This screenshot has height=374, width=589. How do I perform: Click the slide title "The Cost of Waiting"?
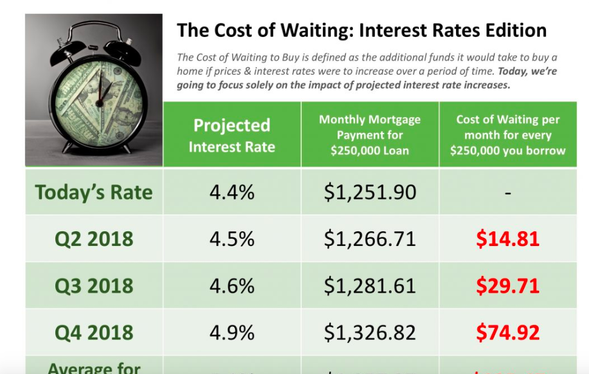pos(361,30)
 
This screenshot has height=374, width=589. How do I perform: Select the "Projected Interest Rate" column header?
pos(231,135)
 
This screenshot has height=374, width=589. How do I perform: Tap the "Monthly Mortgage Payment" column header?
pos(370,135)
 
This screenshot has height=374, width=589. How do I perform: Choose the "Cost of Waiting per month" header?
pos(508,135)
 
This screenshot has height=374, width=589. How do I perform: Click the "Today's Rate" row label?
pos(94,192)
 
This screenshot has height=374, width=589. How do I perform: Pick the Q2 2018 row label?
pos(94,239)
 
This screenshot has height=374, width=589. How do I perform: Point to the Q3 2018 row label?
pos(94,285)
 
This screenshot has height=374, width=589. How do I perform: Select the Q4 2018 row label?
pos(94,332)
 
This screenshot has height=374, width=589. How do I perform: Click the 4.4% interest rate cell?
pos(231,192)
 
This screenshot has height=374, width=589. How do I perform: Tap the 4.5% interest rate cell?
pos(231,239)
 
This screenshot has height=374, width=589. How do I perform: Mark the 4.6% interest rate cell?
pos(231,285)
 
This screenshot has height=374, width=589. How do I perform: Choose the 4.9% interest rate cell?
pos(231,332)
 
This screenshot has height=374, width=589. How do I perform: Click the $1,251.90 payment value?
pos(370,192)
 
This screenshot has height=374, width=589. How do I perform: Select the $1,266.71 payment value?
pos(370,239)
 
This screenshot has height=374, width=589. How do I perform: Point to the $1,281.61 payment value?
pos(370,285)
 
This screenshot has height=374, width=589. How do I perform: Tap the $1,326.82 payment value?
pos(370,332)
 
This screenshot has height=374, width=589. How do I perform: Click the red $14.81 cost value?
pos(508,239)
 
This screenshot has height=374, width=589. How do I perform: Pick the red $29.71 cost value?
pos(508,285)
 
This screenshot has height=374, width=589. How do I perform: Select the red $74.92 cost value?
pos(508,332)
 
